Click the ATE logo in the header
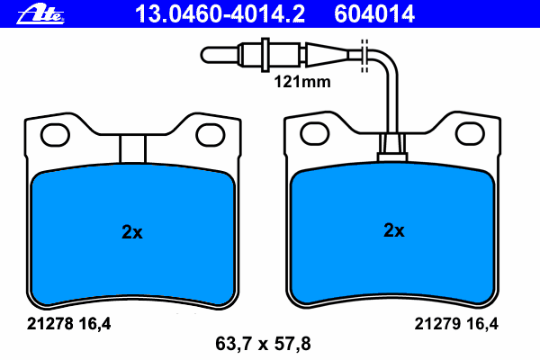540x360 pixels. point(40,14)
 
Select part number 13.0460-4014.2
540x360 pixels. point(220,14)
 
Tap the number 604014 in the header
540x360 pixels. point(374,14)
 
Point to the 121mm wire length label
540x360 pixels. point(302,82)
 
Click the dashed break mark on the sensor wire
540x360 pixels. point(364,56)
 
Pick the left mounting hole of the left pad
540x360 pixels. point(55,135)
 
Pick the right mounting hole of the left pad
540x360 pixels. point(211,135)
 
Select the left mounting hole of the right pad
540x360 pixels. point(315,133)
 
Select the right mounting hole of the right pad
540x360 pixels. point(470,133)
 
